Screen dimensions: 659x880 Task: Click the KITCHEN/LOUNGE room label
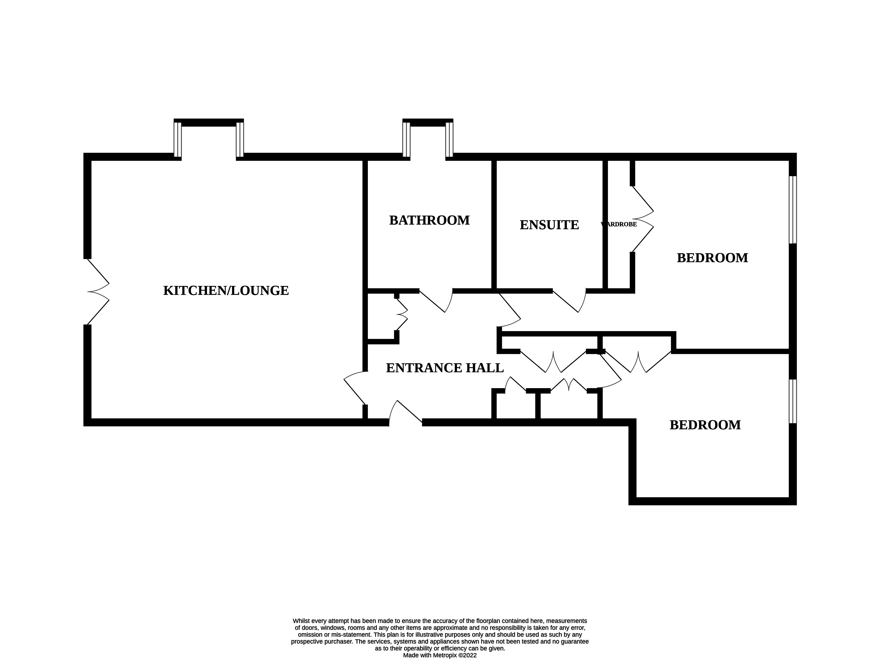click(x=226, y=291)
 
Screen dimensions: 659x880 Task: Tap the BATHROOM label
click(x=429, y=220)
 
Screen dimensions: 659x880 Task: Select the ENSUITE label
click(x=549, y=225)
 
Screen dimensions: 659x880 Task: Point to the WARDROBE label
click(x=619, y=224)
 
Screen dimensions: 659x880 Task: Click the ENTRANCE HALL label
click(x=445, y=368)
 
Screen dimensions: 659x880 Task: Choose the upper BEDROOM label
click(x=712, y=258)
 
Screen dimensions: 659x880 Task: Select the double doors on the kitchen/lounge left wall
click(x=97, y=292)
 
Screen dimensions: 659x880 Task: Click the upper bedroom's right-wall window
click(x=793, y=210)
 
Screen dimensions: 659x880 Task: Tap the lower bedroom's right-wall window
click(x=793, y=401)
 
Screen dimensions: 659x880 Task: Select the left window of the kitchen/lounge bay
click(x=177, y=140)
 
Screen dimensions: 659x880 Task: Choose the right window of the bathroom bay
click(x=449, y=140)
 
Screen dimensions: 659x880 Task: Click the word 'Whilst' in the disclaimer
click(x=300, y=621)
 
